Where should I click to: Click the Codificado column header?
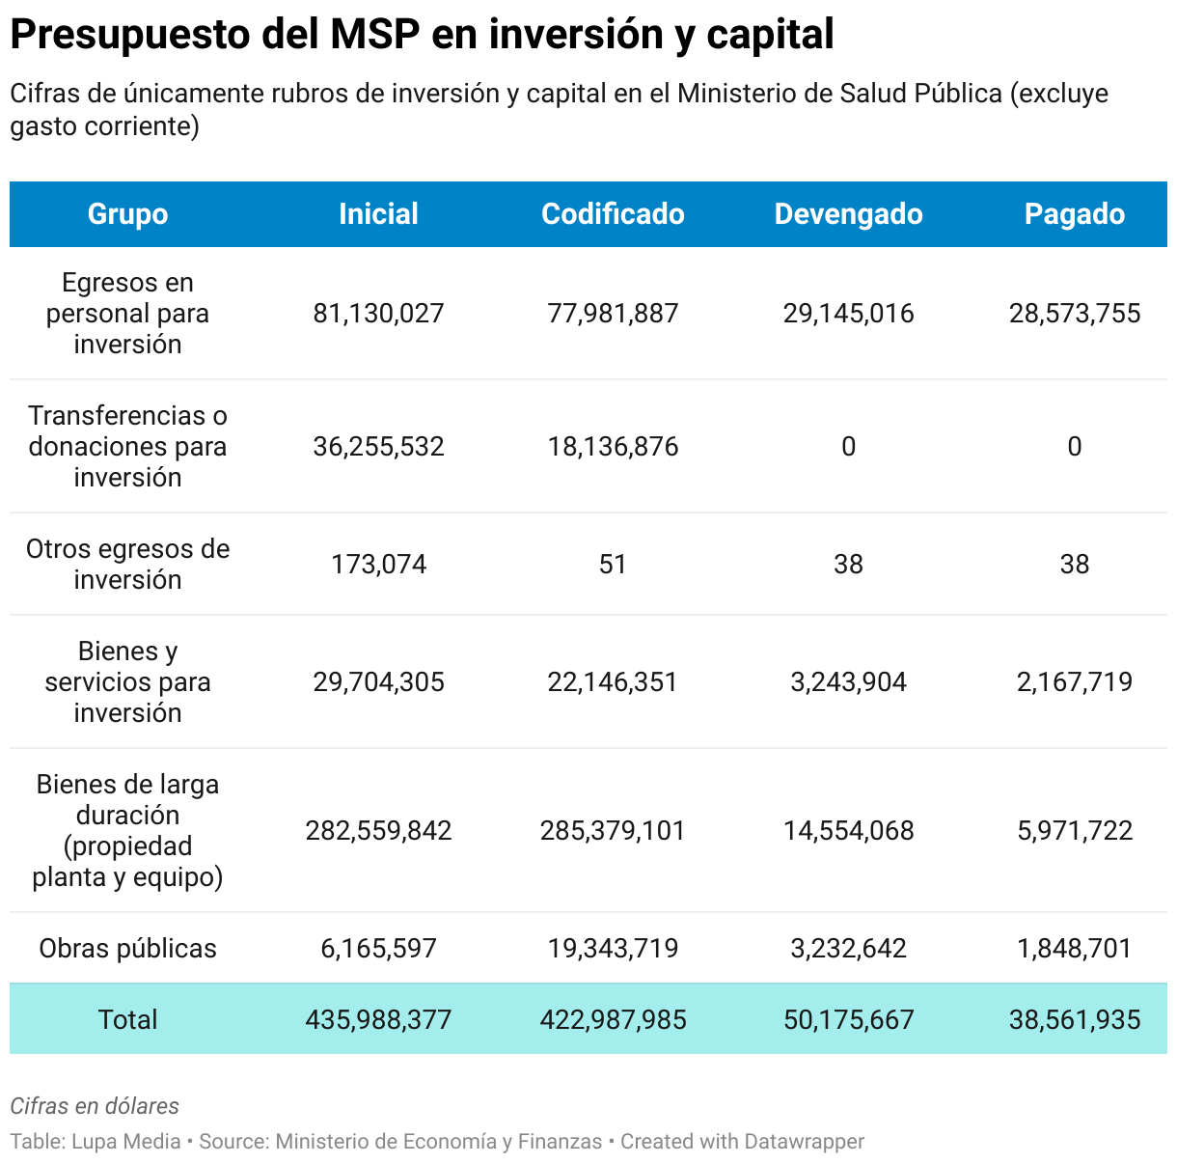click(x=613, y=214)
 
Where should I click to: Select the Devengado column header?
click(x=848, y=214)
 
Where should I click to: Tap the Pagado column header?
click(x=1074, y=214)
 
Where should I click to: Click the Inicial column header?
click(x=378, y=214)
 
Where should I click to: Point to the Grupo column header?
click(x=127, y=214)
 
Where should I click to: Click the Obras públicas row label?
click(x=127, y=949)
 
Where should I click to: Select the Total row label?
click(x=127, y=1020)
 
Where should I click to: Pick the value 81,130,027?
click(x=378, y=314)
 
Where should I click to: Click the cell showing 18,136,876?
click(x=613, y=447)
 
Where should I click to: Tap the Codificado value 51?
click(x=613, y=565)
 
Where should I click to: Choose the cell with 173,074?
click(x=378, y=565)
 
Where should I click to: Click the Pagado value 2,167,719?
click(x=1074, y=682)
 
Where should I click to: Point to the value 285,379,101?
click(x=613, y=831)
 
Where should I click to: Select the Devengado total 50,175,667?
click(x=848, y=1020)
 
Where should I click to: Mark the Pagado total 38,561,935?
click(x=1074, y=1020)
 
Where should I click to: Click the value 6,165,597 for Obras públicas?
click(x=378, y=949)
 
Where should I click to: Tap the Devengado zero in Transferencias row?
click(x=848, y=447)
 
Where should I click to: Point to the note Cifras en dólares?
click(x=95, y=1106)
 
